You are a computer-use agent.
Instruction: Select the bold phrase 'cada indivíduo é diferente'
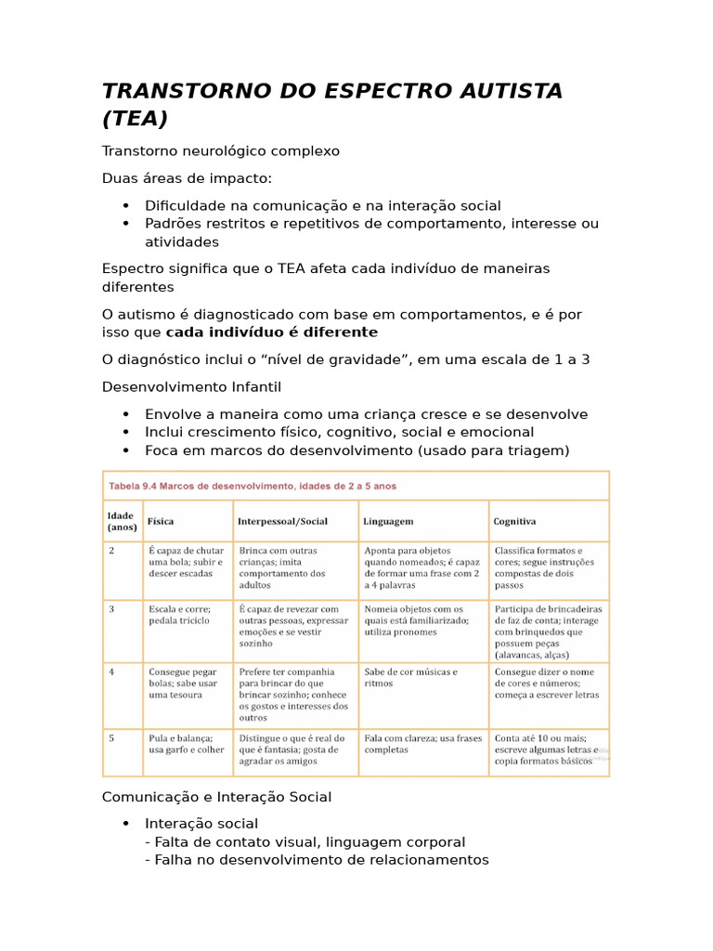pyautogui.click(x=272, y=332)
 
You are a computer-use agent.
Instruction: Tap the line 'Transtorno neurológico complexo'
pyautogui.click(x=221, y=150)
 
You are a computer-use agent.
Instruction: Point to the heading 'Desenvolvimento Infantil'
pyautogui.click(x=191, y=386)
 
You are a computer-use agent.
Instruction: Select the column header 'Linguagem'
pyautogui.click(x=389, y=522)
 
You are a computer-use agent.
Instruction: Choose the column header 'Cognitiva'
pyautogui.click(x=515, y=522)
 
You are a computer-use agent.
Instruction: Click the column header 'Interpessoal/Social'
pyautogui.click(x=282, y=522)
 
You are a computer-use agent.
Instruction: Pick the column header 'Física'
pyautogui.click(x=161, y=522)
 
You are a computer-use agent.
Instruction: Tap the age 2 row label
pyautogui.click(x=111, y=551)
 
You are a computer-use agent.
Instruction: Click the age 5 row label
pyautogui.click(x=111, y=738)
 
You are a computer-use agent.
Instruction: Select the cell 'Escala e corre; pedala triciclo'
pyautogui.click(x=180, y=615)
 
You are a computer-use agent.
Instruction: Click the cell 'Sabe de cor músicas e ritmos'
pyautogui.click(x=411, y=678)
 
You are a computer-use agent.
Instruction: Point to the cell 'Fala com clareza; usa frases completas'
pyautogui.click(x=423, y=744)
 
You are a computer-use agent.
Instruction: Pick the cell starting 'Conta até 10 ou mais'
pyautogui.click(x=546, y=749)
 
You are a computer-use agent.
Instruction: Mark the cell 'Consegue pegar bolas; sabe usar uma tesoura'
pyautogui.click(x=185, y=683)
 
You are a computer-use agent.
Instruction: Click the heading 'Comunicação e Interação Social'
pyautogui.click(x=216, y=797)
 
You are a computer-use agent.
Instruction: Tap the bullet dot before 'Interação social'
pyautogui.click(x=125, y=824)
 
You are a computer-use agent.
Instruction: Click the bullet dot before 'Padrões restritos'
pyautogui.click(x=125, y=224)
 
